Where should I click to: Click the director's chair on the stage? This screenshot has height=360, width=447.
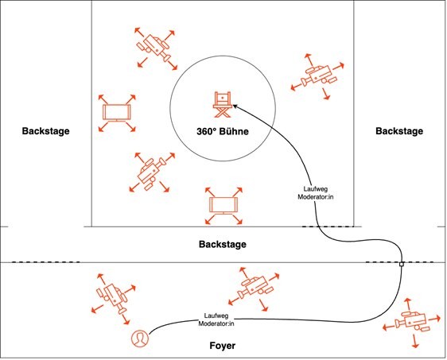point(222,104)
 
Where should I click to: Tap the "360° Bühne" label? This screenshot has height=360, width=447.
point(223,131)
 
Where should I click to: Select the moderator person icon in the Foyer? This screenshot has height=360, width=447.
point(140,339)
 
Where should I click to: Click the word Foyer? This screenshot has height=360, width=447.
point(223,346)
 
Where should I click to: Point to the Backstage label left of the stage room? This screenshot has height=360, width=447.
point(45,131)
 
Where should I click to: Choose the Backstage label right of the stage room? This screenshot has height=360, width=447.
point(399,131)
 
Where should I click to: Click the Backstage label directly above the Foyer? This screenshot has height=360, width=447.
point(223,244)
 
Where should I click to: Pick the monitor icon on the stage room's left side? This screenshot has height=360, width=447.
point(117,113)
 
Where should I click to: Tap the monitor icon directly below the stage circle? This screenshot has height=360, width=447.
point(223,206)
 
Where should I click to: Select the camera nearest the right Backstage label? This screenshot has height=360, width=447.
point(318,75)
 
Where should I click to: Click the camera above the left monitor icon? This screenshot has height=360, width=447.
point(156,48)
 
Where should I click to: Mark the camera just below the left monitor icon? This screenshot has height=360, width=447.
point(151,172)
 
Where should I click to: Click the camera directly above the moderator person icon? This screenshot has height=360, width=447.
point(114,298)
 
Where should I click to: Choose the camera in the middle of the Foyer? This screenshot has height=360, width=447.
point(254,288)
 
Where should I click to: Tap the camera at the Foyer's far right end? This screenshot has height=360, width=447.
point(411,323)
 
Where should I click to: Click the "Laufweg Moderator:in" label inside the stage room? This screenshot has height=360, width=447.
point(315,193)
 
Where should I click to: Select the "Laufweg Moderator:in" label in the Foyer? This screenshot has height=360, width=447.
point(216,319)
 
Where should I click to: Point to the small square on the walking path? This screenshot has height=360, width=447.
point(402,265)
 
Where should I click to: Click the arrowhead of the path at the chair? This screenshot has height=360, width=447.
point(235,106)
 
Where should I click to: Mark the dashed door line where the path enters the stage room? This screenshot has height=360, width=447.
point(328,226)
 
